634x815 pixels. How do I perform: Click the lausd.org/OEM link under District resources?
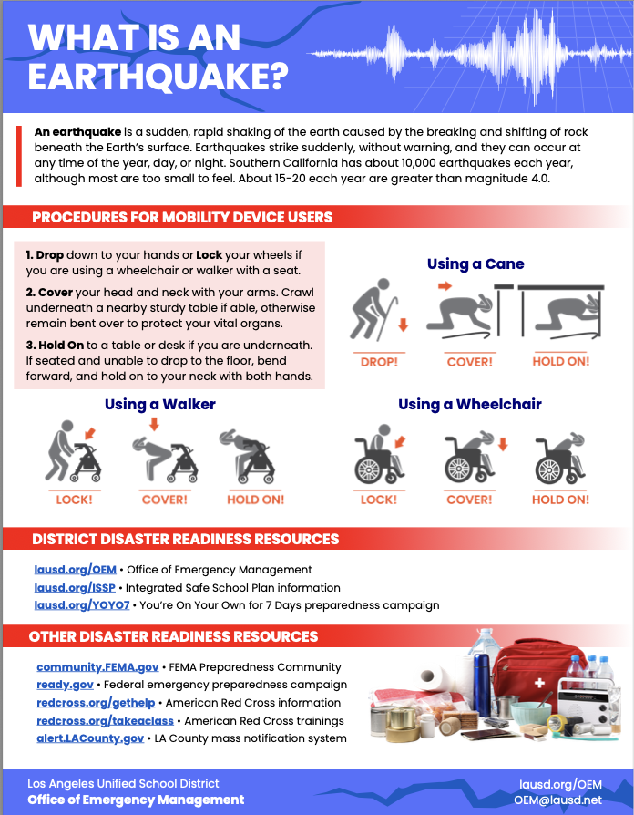coord(76,570)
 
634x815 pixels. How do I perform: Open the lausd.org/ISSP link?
coord(75,588)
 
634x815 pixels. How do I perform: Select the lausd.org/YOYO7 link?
coord(82,605)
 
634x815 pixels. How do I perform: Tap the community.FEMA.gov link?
coord(97,667)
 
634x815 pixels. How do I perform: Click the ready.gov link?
coord(65,685)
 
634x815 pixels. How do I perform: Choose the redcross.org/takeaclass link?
coord(105,721)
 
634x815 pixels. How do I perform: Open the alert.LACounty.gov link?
coord(90,738)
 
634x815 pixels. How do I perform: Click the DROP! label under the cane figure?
coord(379,362)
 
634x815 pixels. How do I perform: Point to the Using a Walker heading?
coord(160,405)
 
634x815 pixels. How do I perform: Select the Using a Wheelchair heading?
coord(470,405)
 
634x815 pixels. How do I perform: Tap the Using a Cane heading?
coord(475,264)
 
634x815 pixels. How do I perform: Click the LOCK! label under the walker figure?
coord(75,500)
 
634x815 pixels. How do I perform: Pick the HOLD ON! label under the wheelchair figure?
coord(561,500)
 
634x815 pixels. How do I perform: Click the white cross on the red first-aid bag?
coord(539,683)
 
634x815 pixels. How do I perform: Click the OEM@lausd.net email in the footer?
coord(558,800)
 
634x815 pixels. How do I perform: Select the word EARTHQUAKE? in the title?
coord(158,77)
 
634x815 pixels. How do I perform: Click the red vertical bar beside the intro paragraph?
coord(19,156)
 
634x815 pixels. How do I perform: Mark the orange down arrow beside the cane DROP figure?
coord(403,325)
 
